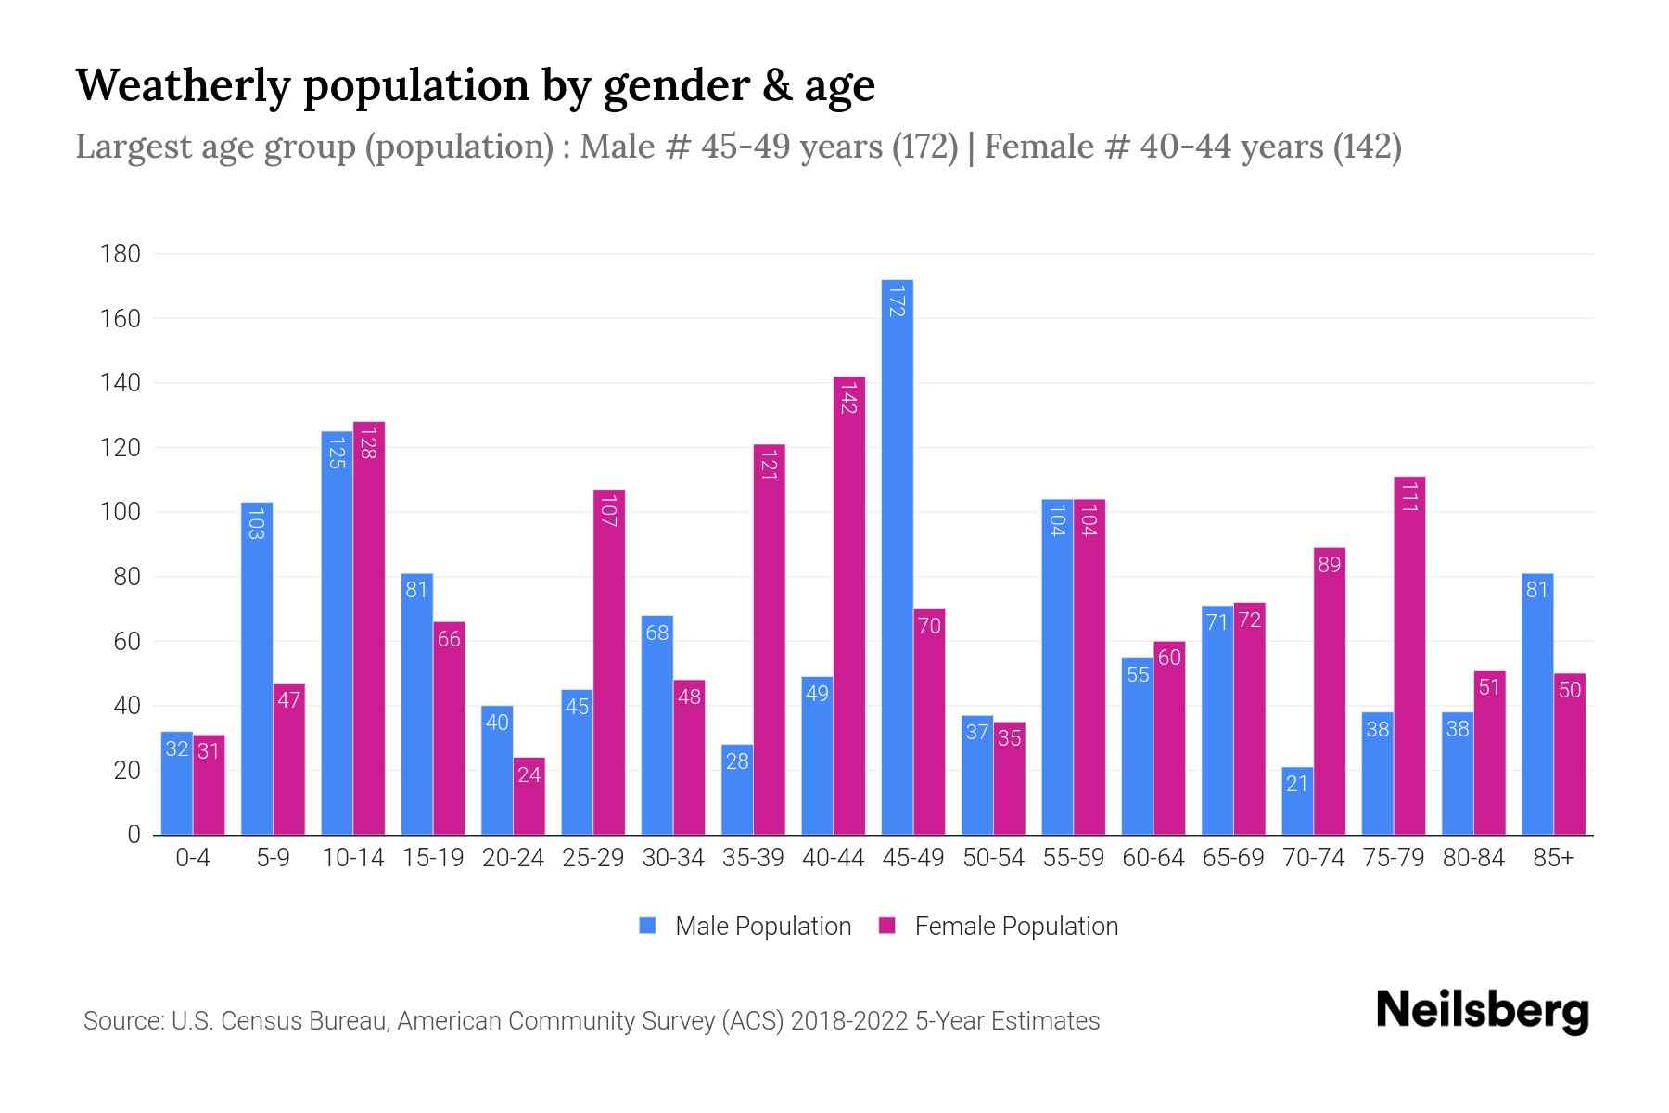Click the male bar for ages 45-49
coord(897,556)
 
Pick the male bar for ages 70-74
coord(1297,800)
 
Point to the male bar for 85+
coord(1537,704)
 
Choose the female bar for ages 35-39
coord(769,639)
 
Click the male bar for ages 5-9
coord(257,668)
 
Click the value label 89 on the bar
coord(1329,564)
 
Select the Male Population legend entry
coord(745,926)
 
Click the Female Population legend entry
coord(999,926)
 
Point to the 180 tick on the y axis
coord(121,254)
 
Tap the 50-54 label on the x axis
coord(993,858)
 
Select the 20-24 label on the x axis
coord(513,858)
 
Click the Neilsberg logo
coord(1483,1011)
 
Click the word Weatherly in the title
coord(183,85)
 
